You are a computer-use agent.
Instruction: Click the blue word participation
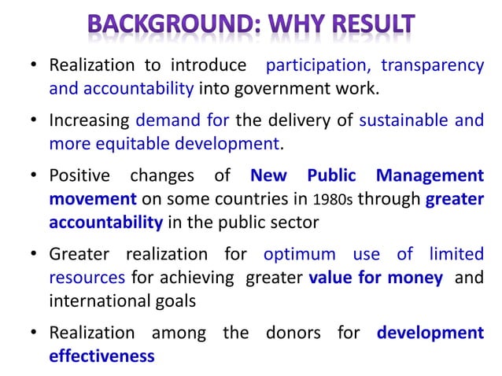point(310,66)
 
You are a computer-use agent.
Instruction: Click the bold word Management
point(430,176)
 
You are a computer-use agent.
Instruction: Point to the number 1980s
point(331,200)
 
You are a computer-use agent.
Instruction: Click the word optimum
point(299,255)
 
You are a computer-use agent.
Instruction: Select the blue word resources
point(87,278)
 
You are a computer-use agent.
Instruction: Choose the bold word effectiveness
point(102,356)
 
